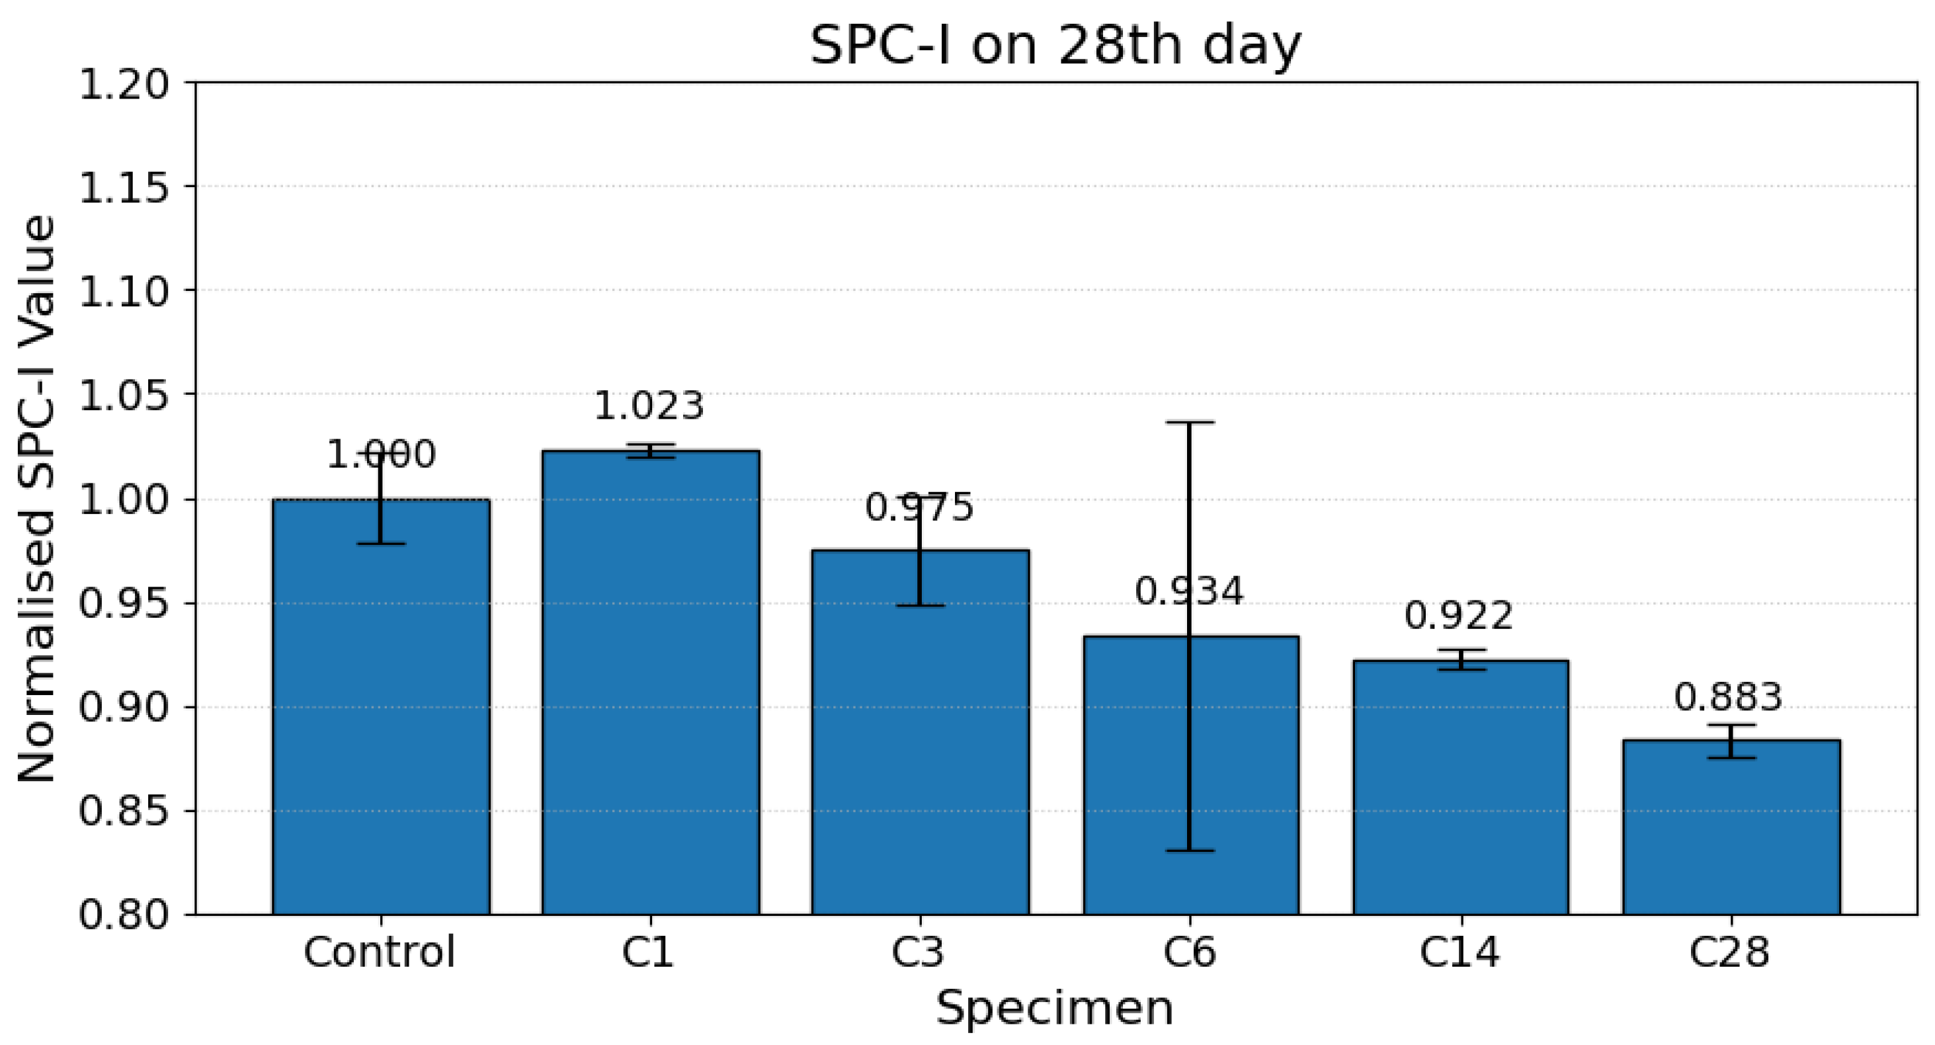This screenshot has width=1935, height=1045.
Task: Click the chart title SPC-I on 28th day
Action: tap(1055, 46)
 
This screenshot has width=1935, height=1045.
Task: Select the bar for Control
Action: tap(381, 706)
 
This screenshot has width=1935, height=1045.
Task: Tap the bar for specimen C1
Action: tap(651, 682)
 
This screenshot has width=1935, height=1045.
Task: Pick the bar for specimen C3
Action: tap(920, 731)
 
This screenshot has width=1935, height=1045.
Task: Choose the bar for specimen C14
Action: tap(1460, 787)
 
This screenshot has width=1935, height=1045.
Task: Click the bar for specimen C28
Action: tap(1731, 827)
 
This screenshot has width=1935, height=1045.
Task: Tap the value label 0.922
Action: tap(1459, 616)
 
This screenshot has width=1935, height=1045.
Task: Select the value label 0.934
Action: tap(1189, 591)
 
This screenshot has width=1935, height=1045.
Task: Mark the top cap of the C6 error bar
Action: tap(1190, 422)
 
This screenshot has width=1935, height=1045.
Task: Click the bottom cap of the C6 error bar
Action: tap(1190, 851)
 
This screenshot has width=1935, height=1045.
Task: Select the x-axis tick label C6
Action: tap(1190, 952)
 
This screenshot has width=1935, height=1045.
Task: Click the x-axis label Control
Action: tap(380, 952)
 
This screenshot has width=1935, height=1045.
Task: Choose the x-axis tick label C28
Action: tap(1730, 952)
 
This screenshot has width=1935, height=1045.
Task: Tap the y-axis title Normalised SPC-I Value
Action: tap(37, 498)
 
